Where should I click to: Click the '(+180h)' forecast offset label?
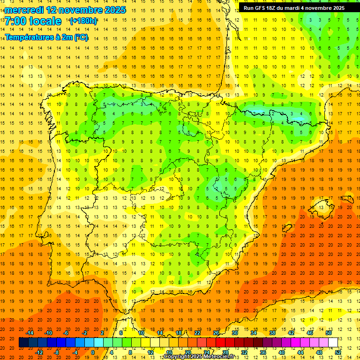click(83, 21)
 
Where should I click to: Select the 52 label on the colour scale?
click(338, 352)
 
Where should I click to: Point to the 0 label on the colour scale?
click(92, 352)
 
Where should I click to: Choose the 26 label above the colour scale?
click(216, 333)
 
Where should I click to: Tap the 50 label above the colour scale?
click(328, 333)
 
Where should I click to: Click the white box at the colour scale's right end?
click(333, 343)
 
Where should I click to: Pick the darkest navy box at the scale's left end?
click(23, 343)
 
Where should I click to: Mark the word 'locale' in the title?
click(45, 21)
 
